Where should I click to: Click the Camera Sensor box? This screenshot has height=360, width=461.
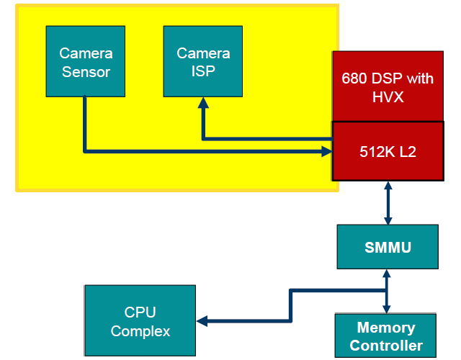tap(85, 62)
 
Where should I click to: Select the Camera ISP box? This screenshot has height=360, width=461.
tap(203, 62)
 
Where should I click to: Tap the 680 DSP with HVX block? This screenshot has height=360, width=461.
tap(388, 86)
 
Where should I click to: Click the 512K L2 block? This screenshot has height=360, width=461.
tap(388, 152)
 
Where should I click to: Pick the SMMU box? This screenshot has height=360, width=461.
tap(388, 247)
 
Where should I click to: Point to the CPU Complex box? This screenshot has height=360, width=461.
tap(140, 321)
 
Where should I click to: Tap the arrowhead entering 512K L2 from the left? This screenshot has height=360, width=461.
tap(325, 151)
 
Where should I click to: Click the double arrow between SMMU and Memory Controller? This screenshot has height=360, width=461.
tap(388, 292)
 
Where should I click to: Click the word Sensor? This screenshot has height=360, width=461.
tap(86, 71)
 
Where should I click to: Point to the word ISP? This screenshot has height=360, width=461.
tap(203, 71)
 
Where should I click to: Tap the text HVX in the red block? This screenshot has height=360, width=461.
tap(388, 96)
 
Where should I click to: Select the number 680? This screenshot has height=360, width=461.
tap(354, 78)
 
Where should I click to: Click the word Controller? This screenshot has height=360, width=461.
tap(386, 346)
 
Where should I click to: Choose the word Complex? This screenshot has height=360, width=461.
tap(140, 331)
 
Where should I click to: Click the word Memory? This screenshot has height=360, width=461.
tap(386, 328)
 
